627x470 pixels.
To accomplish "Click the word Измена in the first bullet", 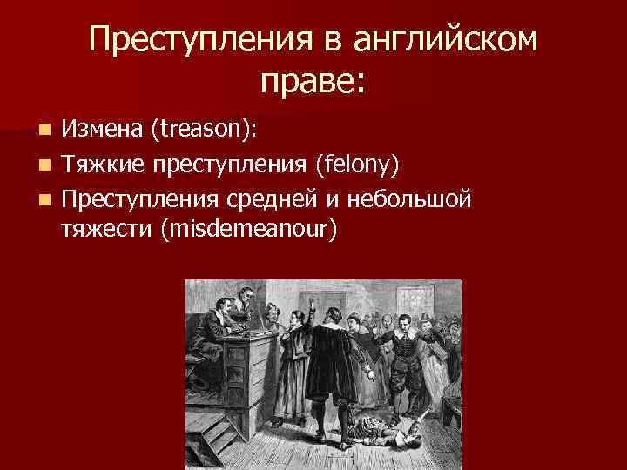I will (x=102, y=130).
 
